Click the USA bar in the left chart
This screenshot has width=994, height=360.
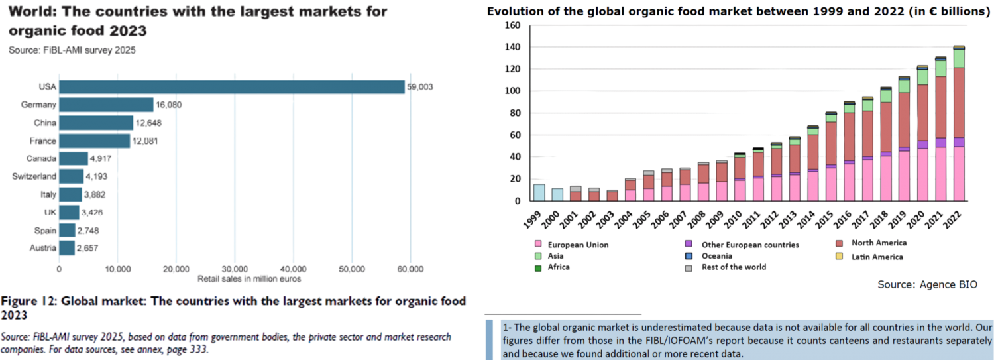[x=232, y=87]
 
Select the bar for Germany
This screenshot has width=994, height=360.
[x=106, y=105]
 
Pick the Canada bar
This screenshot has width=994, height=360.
[x=74, y=158]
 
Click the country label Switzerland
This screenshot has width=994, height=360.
[x=34, y=176]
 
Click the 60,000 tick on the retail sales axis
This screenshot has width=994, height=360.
[x=410, y=269]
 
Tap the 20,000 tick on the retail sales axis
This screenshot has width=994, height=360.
[x=176, y=269]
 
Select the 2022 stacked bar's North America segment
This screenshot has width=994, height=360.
[x=958, y=102]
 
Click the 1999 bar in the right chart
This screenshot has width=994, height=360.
[x=539, y=192]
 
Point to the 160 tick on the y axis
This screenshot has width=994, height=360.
[x=512, y=25]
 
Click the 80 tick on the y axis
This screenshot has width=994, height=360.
[x=514, y=113]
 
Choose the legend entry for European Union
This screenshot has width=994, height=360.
[x=578, y=245]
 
